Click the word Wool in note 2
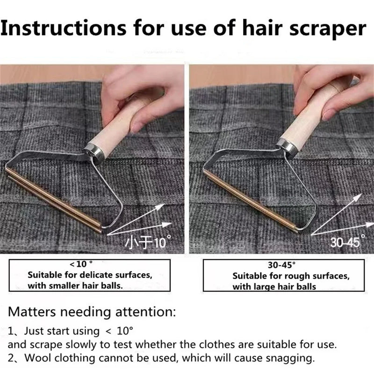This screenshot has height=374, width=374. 35,359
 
